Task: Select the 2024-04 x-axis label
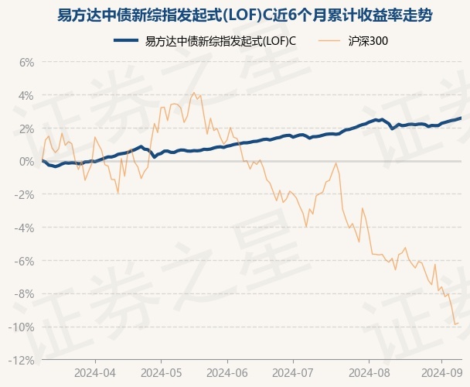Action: coord(95,372)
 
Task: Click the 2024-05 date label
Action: coord(161,372)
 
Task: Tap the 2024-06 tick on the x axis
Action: coord(227,372)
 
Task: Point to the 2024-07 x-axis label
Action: coord(293,372)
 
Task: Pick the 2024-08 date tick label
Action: coord(359,372)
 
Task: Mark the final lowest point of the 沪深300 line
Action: coord(455,324)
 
